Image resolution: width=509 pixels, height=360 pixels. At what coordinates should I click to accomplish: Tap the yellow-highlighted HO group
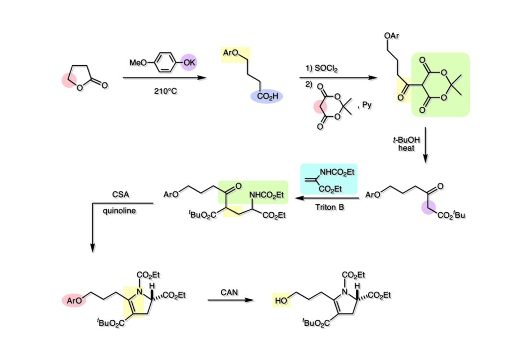[282, 300]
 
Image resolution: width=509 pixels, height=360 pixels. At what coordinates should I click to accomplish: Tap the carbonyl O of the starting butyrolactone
[104, 86]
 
